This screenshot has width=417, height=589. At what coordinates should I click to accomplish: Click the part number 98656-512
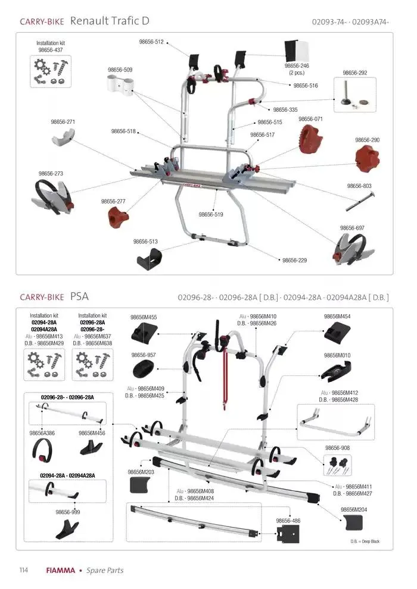click(151, 42)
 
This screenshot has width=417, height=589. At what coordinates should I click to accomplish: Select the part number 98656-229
click(294, 260)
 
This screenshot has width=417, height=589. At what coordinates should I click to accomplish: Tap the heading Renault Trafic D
click(110, 21)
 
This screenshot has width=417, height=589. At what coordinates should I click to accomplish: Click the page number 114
click(24, 570)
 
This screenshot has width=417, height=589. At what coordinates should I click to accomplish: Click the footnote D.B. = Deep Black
click(365, 541)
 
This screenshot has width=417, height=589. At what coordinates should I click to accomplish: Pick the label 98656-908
click(337, 447)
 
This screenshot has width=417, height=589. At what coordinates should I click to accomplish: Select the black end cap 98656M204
click(353, 523)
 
